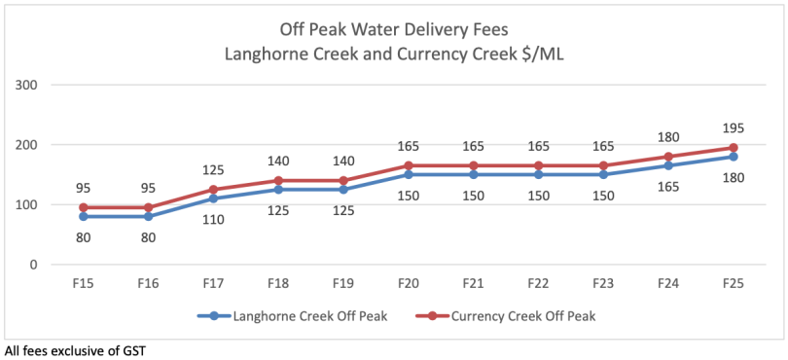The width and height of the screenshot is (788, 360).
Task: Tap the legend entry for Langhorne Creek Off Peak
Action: point(283,315)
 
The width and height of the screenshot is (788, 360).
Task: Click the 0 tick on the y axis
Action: point(32,265)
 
